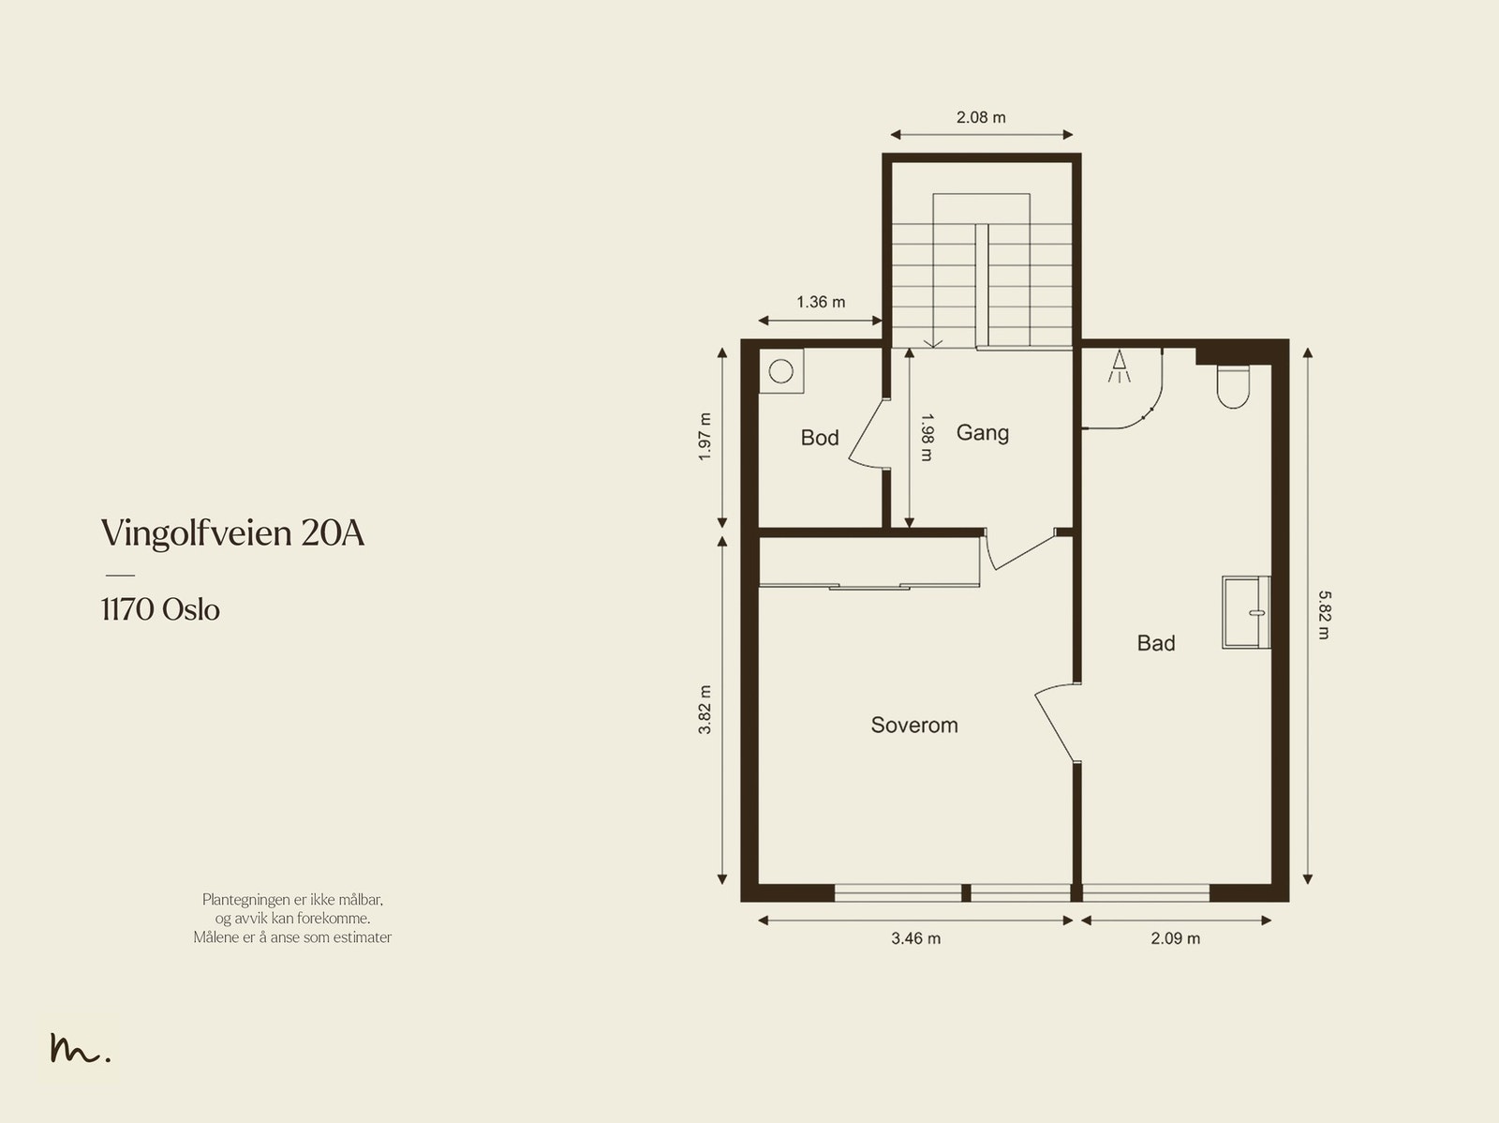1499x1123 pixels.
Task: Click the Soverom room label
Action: (913, 725)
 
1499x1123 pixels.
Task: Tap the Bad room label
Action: (1155, 643)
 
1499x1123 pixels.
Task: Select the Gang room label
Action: (982, 433)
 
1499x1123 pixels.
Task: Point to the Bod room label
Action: (820, 437)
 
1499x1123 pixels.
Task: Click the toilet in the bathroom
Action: (1233, 386)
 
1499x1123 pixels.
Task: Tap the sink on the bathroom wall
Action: (1246, 612)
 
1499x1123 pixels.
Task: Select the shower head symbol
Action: (1119, 367)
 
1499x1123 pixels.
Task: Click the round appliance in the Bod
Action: (781, 371)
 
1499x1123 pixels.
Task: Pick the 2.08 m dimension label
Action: (981, 117)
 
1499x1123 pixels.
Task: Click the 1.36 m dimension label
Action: (821, 302)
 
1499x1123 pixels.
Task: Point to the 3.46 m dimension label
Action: (915, 938)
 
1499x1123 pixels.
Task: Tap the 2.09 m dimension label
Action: (1175, 938)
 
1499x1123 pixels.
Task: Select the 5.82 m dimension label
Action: (1324, 615)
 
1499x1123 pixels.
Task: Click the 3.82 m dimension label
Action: (705, 710)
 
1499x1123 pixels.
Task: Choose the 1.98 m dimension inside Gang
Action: (926, 437)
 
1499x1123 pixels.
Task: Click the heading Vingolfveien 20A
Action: (233, 533)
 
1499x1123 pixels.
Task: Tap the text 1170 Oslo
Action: (160, 610)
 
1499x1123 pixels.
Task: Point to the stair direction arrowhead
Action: (933, 344)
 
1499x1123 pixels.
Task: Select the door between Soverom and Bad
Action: (1057, 722)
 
